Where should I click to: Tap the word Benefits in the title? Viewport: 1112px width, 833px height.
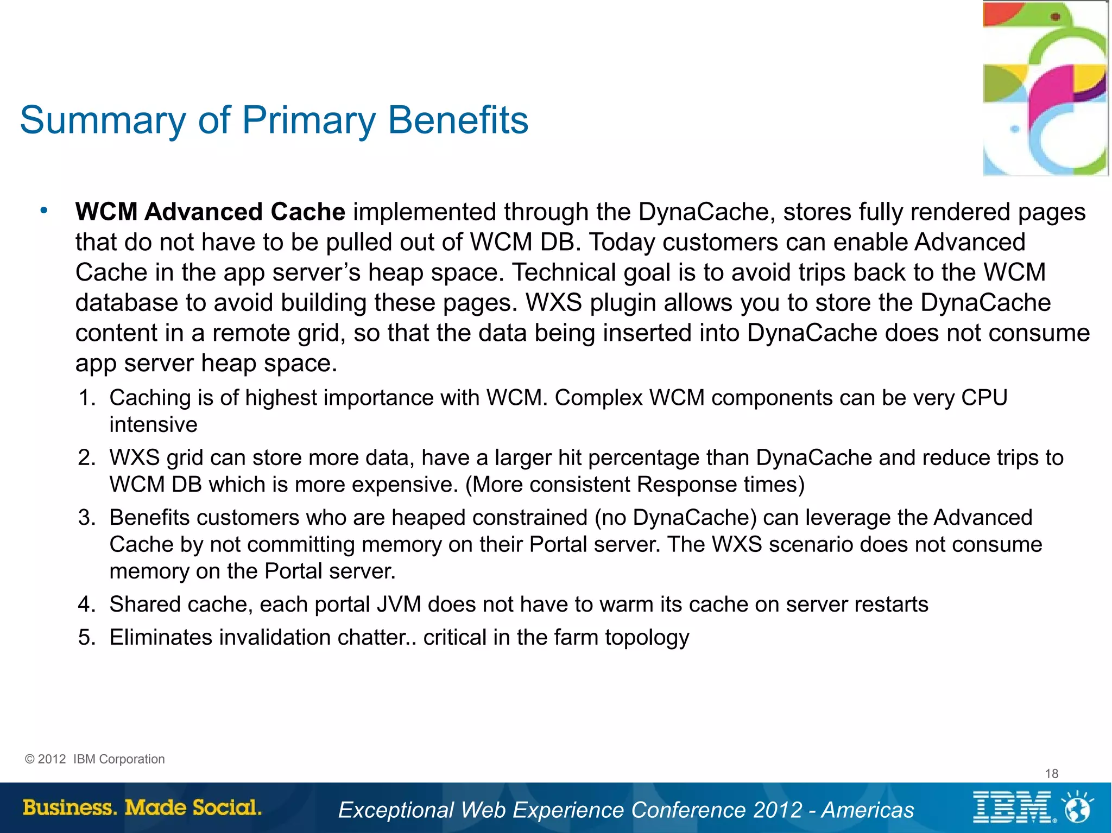pos(458,120)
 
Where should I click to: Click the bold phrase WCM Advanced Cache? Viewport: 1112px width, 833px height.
pos(210,212)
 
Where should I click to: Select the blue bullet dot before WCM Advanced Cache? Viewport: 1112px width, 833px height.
pos(44,211)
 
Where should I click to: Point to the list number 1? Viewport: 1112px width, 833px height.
pos(86,398)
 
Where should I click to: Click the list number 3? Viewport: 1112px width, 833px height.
pos(86,518)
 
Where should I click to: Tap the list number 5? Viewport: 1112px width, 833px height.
pos(86,638)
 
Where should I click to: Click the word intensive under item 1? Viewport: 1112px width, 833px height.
pos(153,425)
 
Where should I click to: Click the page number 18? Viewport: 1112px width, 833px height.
pos(1051,774)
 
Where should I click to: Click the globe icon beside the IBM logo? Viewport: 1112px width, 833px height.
pos(1077,809)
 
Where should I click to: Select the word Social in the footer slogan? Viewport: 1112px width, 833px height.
pos(227,807)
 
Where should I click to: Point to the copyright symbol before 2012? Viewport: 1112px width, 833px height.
pos(29,759)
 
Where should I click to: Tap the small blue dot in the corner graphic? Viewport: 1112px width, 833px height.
pos(1014,129)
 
